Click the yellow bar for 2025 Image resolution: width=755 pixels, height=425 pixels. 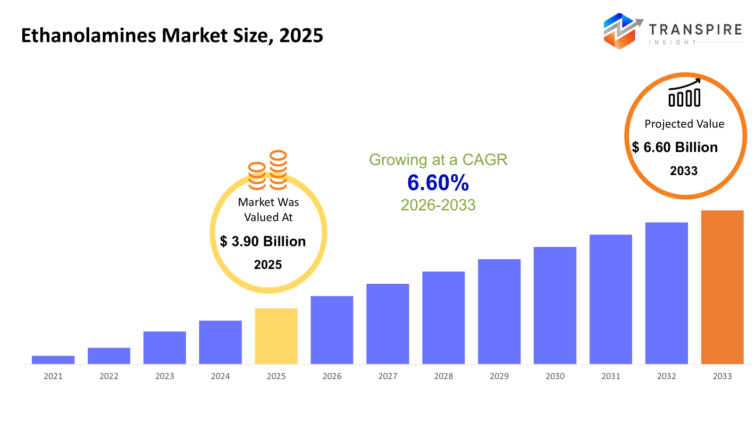[276, 336]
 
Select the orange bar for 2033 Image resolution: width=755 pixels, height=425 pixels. [722, 287]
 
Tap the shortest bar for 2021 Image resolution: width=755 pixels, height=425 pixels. [53, 360]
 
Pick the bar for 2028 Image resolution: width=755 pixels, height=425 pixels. [443, 317]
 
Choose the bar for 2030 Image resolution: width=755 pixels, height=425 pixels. [555, 305]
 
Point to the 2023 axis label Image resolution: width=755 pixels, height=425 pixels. [165, 376]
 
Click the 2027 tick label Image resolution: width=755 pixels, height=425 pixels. [387, 376]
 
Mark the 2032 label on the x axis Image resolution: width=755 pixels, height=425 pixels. [666, 376]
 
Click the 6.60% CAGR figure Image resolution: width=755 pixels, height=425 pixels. [438, 183]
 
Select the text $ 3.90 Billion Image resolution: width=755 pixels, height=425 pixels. [263, 241]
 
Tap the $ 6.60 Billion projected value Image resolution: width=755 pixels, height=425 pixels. [675, 147]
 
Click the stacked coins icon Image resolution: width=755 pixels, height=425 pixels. [268, 170]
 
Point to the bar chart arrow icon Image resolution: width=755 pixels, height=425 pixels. [684, 93]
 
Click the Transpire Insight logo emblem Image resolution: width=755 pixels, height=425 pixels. [621, 31]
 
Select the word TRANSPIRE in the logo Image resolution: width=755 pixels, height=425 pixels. [695, 30]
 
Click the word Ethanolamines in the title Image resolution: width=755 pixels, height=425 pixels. [88, 36]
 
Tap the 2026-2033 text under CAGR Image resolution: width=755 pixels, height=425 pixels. [438, 205]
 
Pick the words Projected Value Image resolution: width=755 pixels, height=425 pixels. [684, 124]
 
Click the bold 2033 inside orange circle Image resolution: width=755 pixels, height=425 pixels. [684, 171]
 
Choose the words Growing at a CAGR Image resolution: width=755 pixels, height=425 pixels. [438, 160]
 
